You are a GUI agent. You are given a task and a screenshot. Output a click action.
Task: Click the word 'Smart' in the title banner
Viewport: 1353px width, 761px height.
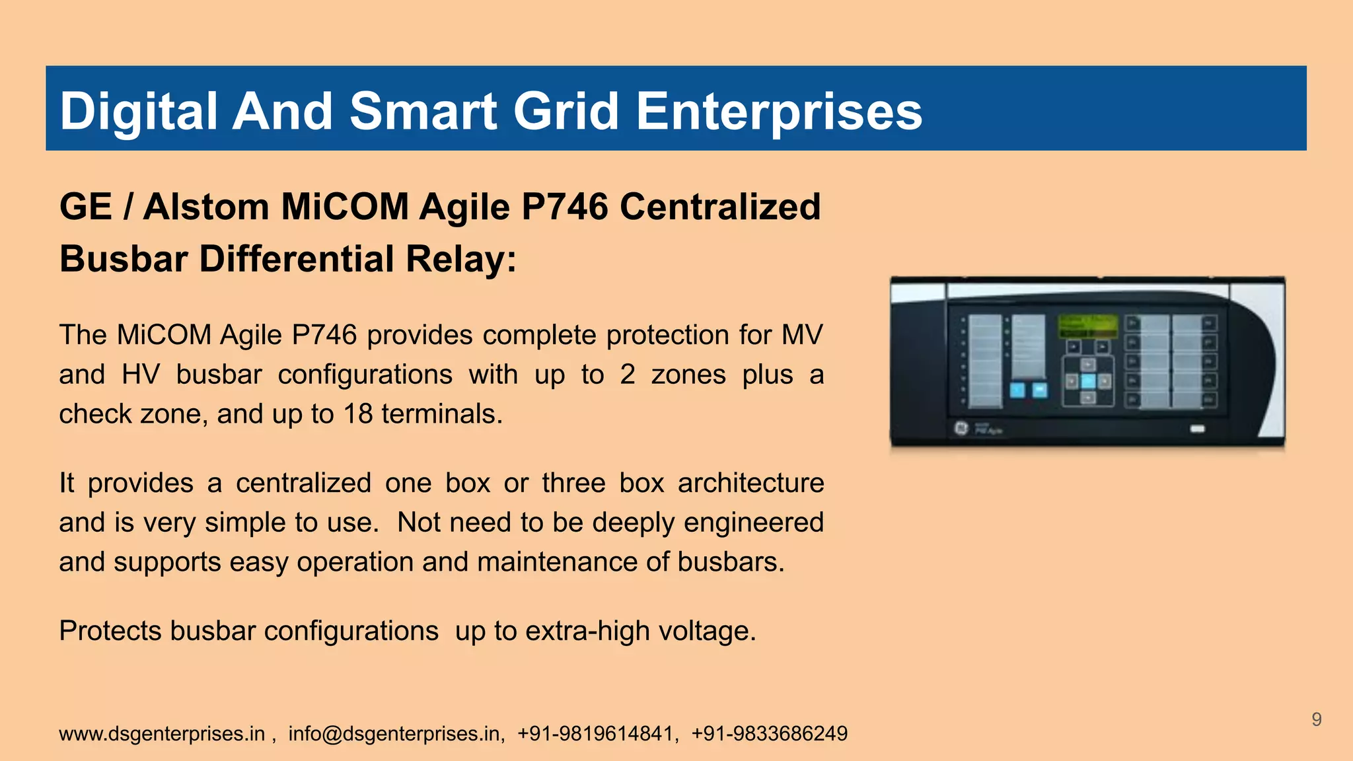point(423,111)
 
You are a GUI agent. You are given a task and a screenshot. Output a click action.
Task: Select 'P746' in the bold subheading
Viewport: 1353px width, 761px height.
point(564,207)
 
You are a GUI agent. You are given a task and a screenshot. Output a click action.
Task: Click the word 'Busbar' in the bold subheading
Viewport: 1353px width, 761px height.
point(124,258)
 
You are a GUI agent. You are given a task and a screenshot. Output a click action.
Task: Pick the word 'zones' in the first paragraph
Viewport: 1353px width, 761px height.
point(688,375)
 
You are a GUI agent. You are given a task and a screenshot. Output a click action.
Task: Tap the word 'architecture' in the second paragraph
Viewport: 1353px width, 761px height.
point(750,483)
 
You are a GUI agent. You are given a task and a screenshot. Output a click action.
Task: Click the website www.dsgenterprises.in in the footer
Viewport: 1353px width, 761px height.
point(162,733)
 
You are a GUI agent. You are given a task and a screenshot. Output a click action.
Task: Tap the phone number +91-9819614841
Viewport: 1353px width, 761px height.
point(596,733)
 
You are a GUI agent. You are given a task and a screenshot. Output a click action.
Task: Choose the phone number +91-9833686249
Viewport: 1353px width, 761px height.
point(769,733)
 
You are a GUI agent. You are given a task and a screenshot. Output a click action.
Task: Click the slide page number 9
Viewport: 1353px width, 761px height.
point(1316,719)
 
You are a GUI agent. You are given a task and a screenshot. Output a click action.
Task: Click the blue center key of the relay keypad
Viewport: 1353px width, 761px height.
point(1088,381)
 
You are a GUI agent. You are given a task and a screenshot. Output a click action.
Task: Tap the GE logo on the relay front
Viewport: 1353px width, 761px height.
point(961,428)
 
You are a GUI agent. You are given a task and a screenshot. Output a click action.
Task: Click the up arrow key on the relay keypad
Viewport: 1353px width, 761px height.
point(1088,365)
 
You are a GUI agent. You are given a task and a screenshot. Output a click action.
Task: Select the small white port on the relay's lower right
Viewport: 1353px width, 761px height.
point(1197,429)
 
